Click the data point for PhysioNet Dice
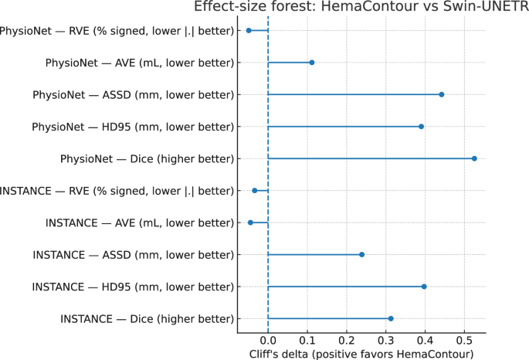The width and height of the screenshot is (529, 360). [x=474, y=158]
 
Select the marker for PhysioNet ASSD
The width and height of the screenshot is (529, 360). [x=441, y=94]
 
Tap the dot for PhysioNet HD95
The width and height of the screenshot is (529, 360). [x=421, y=126]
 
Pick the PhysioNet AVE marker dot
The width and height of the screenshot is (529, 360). [x=311, y=62]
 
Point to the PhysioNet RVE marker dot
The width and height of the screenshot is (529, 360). [x=249, y=30]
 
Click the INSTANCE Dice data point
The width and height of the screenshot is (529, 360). [x=391, y=318]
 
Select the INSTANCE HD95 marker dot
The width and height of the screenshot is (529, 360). [x=424, y=287]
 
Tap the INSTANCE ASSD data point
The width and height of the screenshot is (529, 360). [x=361, y=254]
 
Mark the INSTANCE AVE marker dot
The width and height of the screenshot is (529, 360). [x=250, y=222]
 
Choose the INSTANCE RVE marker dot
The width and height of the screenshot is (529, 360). [x=254, y=190]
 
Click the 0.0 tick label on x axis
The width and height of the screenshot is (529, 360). [x=268, y=340]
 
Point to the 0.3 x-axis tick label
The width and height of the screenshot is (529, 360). [x=385, y=340]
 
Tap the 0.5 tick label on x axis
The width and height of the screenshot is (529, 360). [x=464, y=340]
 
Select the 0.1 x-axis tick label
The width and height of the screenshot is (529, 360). [x=307, y=340]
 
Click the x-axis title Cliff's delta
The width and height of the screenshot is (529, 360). [x=361, y=354]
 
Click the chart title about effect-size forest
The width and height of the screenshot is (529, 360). [x=361, y=7]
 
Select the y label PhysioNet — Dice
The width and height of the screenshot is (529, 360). [x=147, y=158]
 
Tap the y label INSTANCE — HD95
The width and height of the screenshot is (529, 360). [x=133, y=287]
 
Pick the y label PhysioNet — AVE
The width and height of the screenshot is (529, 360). [x=140, y=62]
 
